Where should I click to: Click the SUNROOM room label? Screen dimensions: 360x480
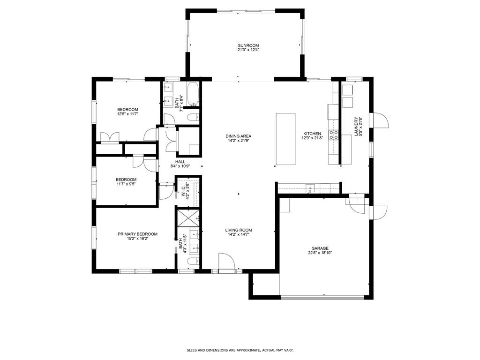point(248,45)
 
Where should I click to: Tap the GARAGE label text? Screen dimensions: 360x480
point(320,248)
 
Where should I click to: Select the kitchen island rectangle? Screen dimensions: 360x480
point(286,139)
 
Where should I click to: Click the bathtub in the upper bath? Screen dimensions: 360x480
point(193,94)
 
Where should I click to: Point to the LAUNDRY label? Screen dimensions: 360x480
point(356,127)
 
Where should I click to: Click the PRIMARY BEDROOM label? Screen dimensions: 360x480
point(137,234)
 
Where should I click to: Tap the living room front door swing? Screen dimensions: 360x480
point(226,262)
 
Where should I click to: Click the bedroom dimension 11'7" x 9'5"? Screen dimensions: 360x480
point(126,184)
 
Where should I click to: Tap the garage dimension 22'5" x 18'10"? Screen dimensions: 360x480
point(320,253)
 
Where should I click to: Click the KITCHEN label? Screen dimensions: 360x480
point(312,134)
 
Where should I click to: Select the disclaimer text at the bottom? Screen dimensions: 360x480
point(240,350)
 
